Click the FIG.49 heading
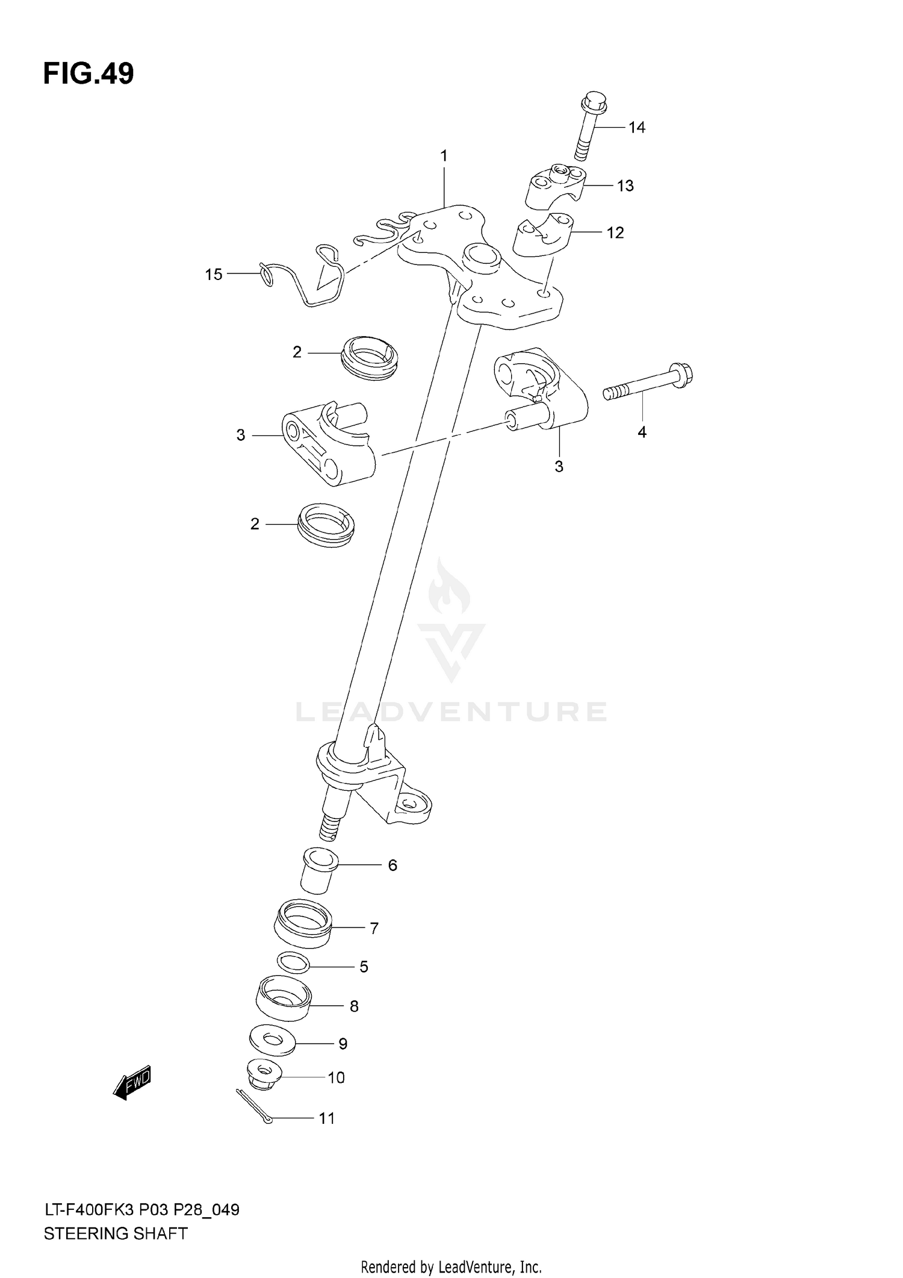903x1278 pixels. click(x=88, y=74)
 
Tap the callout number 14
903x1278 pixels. click(x=636, y=127)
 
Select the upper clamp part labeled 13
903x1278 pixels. click(x=557, y=185)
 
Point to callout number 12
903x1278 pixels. click(x=615, y=232)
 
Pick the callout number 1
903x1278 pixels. click(x=444, y=156)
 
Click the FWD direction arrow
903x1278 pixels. click(x=132, y=1084)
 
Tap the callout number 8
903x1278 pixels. click(x=354, y=1006)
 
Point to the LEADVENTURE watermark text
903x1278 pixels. click(x=451, y=712)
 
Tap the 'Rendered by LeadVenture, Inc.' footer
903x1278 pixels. click(x=451, y=1267)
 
